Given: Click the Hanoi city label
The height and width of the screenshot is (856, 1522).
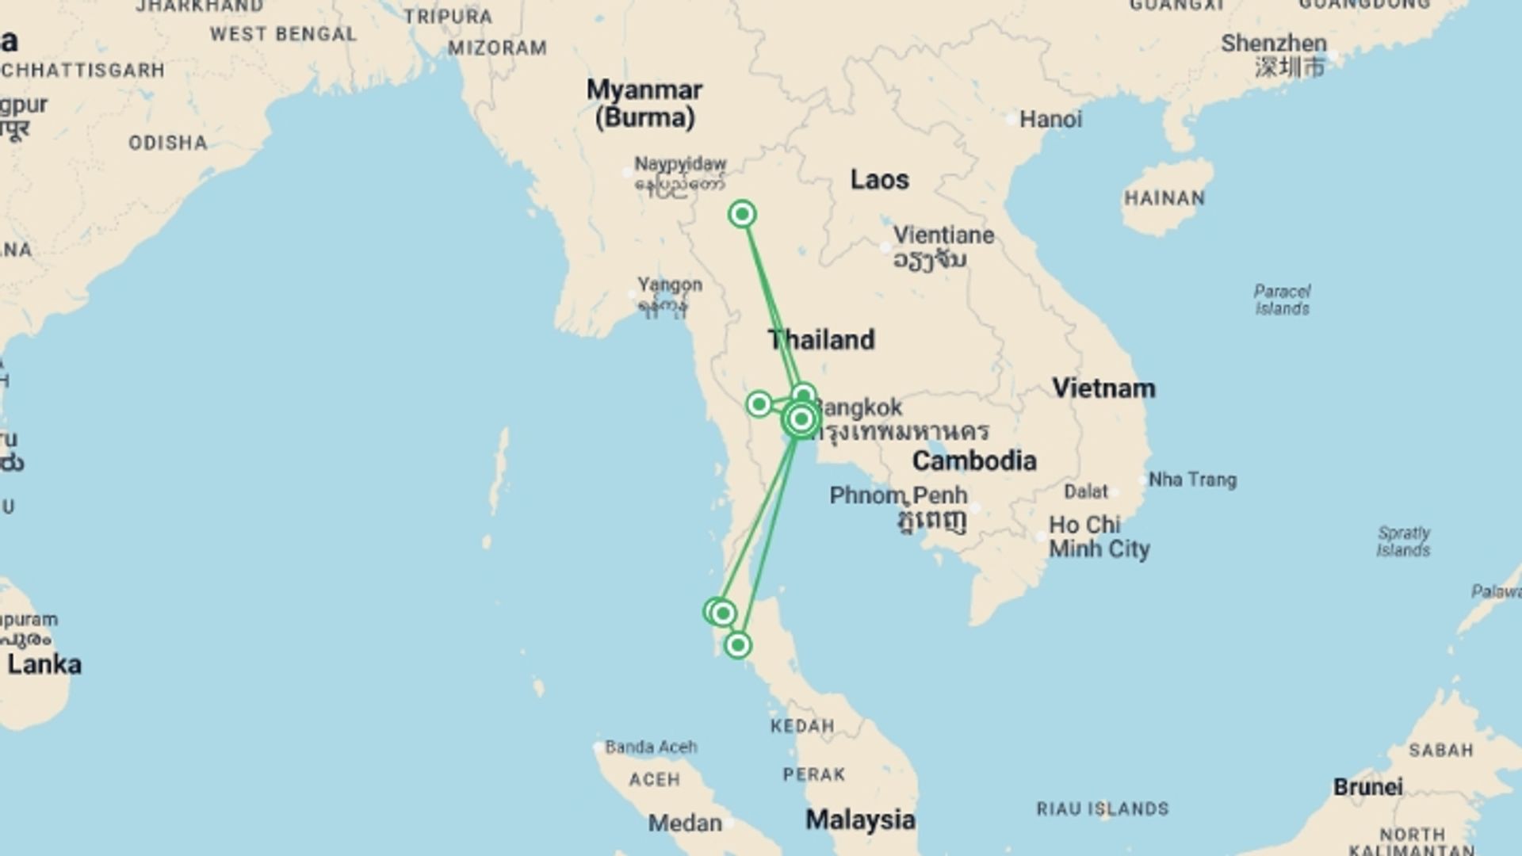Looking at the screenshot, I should click(1050, 120).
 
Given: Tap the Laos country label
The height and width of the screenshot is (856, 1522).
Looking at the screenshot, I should click(879, 180).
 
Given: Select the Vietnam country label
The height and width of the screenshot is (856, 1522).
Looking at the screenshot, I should click(1103, 388).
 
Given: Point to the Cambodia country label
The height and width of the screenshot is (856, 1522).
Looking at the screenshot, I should click(974, 460).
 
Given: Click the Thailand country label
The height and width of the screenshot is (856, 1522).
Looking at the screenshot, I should click(822, 340).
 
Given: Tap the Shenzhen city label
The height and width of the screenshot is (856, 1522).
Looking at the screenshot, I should click(1273, 44).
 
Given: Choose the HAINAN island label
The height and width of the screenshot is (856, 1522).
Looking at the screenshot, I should click(1164, 198).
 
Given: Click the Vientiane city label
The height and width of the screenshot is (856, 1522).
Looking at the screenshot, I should click(943, 235).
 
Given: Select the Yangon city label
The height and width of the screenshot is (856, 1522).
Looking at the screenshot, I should click(670, 285).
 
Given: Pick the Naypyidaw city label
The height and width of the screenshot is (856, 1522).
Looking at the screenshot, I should click(680, 164).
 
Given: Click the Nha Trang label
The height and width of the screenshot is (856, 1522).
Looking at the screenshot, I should click(1192, 480).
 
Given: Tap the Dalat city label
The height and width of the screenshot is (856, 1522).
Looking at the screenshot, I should click(1085, 491).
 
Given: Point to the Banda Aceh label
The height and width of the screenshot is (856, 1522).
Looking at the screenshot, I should click(651, 747).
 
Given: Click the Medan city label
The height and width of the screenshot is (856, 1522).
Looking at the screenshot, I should click(685, 824).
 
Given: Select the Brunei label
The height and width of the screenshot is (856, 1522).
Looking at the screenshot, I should click(1367, 787).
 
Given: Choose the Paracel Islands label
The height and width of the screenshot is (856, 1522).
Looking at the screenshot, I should click(1282, 300).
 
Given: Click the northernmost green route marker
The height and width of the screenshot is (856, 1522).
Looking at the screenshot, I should click(742, 214).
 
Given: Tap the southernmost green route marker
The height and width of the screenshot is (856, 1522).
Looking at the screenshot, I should click(738, 645).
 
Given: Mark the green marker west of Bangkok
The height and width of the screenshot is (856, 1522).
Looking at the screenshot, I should click(759, 404).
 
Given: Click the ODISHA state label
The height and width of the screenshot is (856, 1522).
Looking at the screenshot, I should click(168, 143).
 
